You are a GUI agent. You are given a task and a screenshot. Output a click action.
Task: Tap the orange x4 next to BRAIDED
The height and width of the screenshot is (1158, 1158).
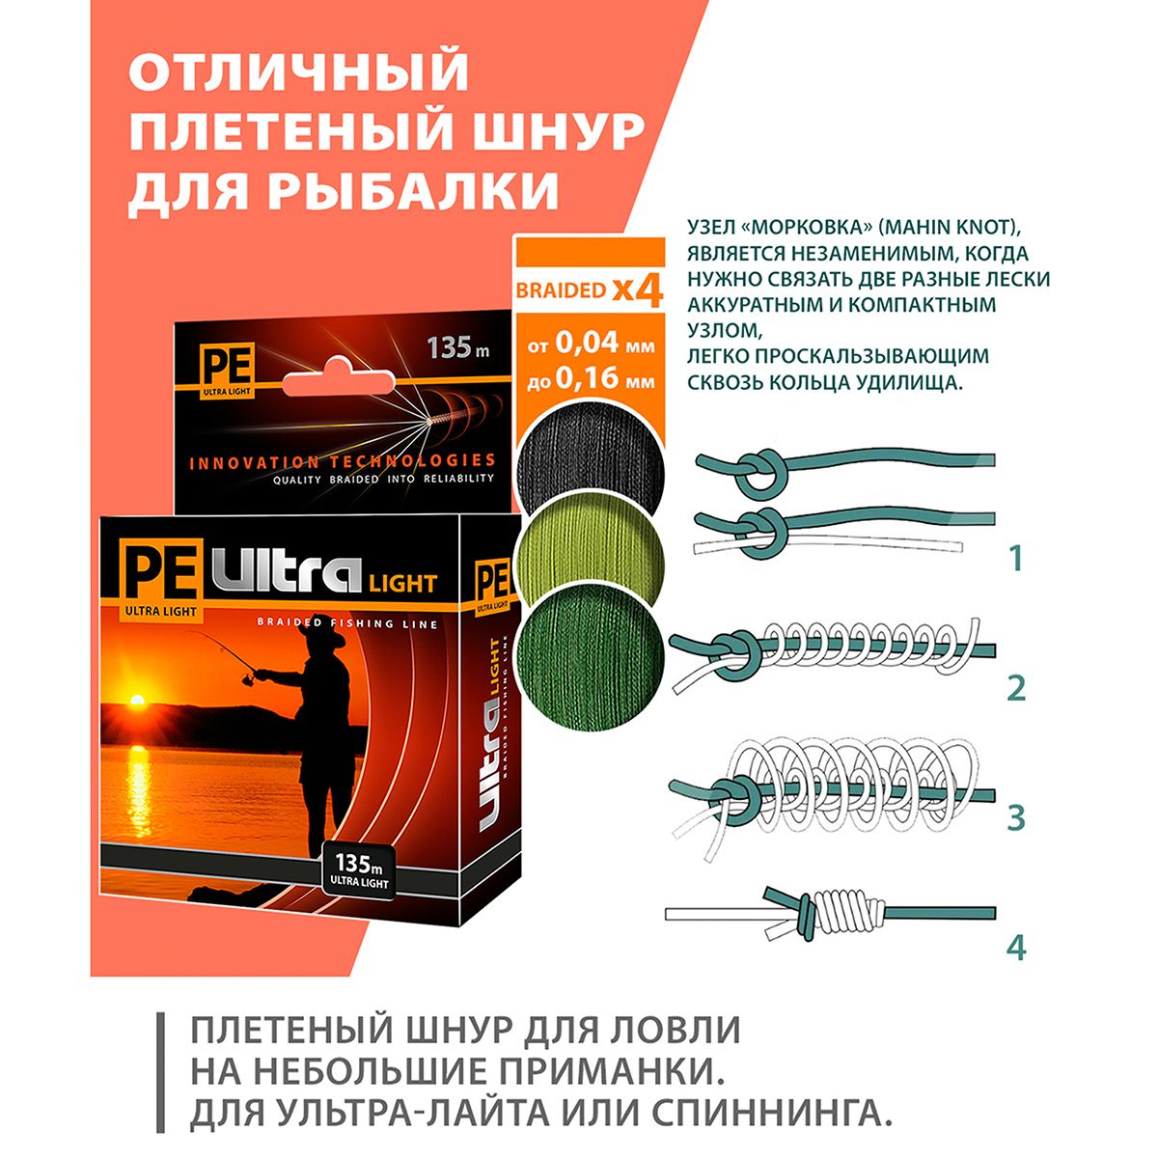point(637,291)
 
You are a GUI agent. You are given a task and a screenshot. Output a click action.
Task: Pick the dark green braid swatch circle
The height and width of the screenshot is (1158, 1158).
point(591,656)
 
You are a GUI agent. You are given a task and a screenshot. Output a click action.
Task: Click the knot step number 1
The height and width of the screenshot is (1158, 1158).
point(1015,559)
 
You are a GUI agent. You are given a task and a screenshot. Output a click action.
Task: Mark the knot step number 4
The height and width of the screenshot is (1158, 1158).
point(1015,948)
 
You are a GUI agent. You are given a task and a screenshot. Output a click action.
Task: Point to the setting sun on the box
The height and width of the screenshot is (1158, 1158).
point(138,700)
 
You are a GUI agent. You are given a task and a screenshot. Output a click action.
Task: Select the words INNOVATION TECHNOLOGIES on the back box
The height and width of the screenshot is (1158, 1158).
point(343,461)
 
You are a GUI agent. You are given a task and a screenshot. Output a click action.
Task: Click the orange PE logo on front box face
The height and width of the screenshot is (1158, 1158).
point(158,567)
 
